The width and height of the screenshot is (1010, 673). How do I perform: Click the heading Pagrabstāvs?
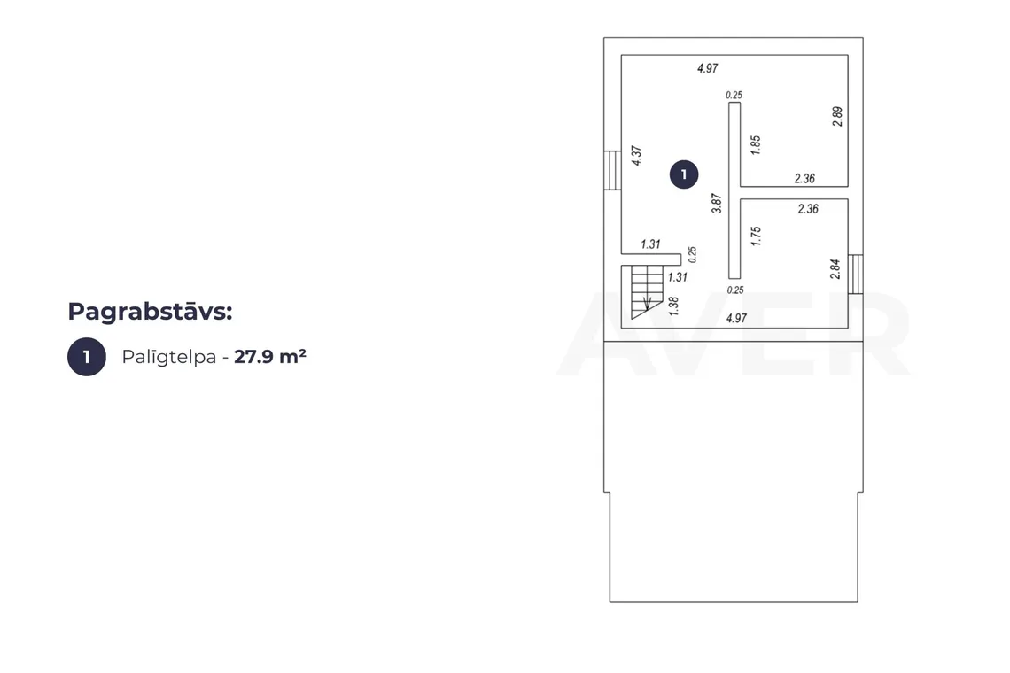150,312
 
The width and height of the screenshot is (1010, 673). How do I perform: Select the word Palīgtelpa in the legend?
168,357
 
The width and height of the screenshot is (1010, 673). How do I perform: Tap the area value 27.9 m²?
270,356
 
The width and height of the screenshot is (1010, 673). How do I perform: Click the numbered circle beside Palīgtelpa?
86,357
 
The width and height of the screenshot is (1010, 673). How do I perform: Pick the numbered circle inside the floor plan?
683,174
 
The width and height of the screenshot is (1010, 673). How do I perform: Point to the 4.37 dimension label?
636,156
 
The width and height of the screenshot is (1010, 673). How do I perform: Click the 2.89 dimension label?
836,117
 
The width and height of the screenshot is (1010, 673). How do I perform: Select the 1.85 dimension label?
756,145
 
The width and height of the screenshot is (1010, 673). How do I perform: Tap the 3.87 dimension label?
716,204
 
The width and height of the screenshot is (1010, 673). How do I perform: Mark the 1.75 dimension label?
757,236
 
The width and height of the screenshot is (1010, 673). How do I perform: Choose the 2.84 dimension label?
835,269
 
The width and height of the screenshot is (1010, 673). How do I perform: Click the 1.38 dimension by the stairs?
673,306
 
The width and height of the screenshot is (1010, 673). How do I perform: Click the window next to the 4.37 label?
612,170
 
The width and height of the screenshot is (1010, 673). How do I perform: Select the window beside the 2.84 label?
856,275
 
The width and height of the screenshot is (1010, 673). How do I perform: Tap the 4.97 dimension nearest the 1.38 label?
736,318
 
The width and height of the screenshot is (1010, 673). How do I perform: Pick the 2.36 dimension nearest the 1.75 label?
808,209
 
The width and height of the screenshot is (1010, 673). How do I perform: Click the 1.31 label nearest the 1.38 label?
678,277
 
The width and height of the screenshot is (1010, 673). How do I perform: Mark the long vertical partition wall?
734,190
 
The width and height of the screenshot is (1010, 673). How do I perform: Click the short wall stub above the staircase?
651,259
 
